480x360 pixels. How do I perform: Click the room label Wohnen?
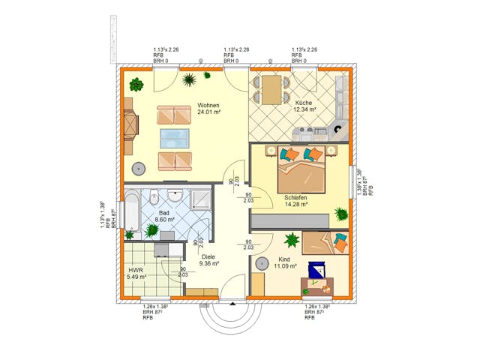coord(209,105)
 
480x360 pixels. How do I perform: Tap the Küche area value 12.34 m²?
coord(305,109)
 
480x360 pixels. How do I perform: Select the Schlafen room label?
coord(297,195)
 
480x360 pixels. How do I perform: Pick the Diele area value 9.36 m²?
coord(208,264)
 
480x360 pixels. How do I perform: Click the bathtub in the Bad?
coord(132,211)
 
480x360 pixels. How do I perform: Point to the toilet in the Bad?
coord(154,199)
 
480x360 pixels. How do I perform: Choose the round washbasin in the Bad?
coord(175,196)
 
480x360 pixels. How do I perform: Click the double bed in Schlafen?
coord(303,173)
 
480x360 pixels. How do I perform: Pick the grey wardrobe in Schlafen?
coord(289,220)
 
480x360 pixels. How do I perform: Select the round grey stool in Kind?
coord(262,263)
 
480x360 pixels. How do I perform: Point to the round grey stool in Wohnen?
coord(139,168)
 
